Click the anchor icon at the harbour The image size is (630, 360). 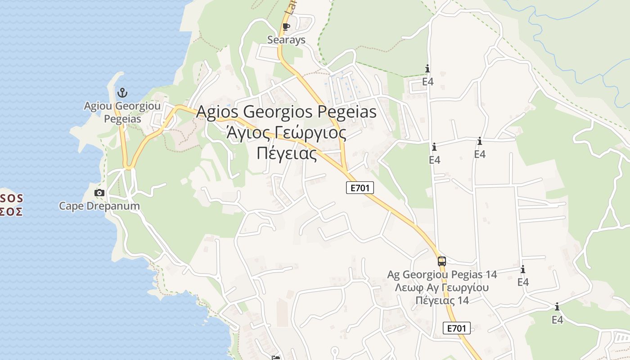(x=122, y=93)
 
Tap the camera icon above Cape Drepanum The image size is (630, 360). (x=99, y=193)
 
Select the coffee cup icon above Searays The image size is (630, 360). (x=286, y=27)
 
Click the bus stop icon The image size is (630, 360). (x=441, y=261)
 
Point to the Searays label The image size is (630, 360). (x=286, y=40)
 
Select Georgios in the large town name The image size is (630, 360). (x=279, y=112)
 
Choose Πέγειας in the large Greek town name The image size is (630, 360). (x=287, y=153)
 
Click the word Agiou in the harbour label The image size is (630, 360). (x=98, y=106)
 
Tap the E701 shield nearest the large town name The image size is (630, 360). (x=360, y=188)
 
